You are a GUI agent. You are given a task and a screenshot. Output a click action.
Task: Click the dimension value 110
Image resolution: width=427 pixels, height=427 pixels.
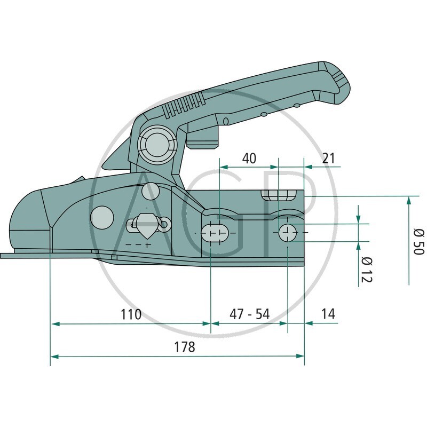click(130, 314)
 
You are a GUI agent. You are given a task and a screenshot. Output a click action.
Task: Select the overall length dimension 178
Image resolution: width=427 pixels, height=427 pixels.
click(184, 347)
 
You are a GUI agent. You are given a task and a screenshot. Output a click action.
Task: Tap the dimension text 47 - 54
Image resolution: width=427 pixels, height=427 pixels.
click(250, 314)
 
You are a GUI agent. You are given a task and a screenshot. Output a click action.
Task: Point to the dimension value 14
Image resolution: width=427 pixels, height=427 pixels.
click(329, 314)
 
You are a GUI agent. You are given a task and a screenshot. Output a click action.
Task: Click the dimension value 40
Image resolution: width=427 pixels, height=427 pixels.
click(249, 159)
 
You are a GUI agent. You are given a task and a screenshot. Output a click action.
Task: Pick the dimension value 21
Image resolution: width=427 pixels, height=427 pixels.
click(329, 159)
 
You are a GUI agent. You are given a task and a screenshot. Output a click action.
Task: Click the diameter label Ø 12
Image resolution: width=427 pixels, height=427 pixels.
click(366, 269)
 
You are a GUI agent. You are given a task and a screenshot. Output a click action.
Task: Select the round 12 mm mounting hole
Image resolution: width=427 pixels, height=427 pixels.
click(288, 232)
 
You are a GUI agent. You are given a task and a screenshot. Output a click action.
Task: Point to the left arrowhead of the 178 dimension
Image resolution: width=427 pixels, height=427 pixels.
click(52, 355)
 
